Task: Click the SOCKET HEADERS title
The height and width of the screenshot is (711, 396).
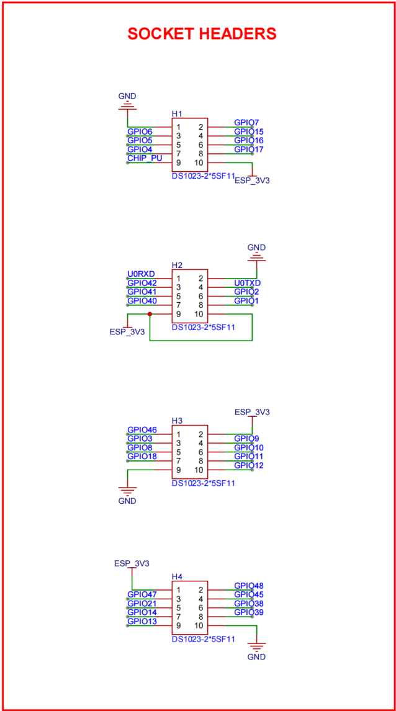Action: (x=202, y=34)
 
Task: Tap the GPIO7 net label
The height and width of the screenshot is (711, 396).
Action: (x=247, y=123)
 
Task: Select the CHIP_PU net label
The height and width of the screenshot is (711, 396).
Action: (x=144, y=158)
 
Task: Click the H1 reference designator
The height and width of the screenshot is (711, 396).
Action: (x=177, y=114)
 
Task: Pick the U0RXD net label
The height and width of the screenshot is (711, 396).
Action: (x=141, y=274)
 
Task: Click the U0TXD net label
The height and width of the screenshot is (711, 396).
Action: (x=247, y=283)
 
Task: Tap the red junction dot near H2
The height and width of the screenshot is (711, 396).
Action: (x=150, y=314)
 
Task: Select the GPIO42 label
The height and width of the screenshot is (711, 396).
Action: (x=142, y=283)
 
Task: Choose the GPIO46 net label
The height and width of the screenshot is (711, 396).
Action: (x=142, y=429)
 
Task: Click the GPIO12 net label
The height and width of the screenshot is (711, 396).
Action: (x=249, y=465)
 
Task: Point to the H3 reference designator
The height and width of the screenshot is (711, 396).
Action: (x=177, y=421)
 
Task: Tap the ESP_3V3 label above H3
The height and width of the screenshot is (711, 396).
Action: (x=252, y=412)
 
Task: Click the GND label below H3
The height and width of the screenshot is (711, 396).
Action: (x=127, y=501)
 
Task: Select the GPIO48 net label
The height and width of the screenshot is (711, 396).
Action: (x=249, y=585)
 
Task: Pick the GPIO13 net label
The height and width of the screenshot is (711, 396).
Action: (x=142, y=621)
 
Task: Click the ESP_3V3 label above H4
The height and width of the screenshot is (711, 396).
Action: (x=132, y=563)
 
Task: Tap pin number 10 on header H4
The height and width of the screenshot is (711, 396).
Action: (x=199, y=625)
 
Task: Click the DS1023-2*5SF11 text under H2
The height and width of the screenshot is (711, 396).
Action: (x=203, y=328)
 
